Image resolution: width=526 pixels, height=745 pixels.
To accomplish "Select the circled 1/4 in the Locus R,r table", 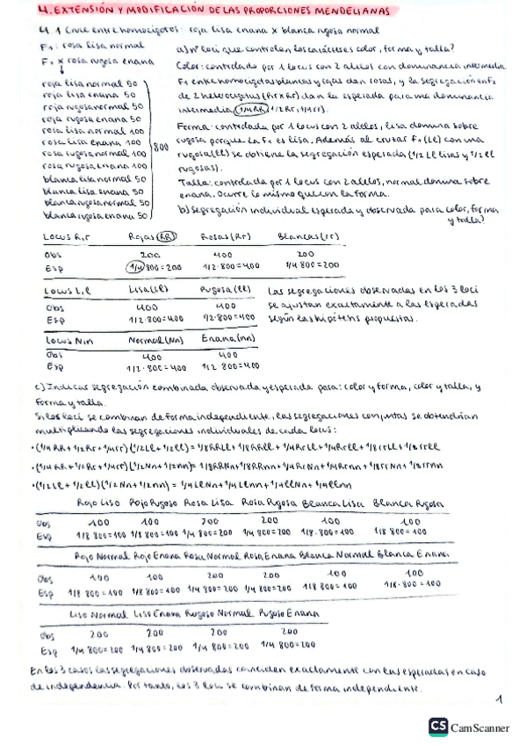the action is point(134,264).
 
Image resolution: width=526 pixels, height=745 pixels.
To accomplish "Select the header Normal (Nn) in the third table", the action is point(151,338).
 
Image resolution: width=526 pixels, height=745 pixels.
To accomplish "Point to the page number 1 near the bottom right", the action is point(497,699).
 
